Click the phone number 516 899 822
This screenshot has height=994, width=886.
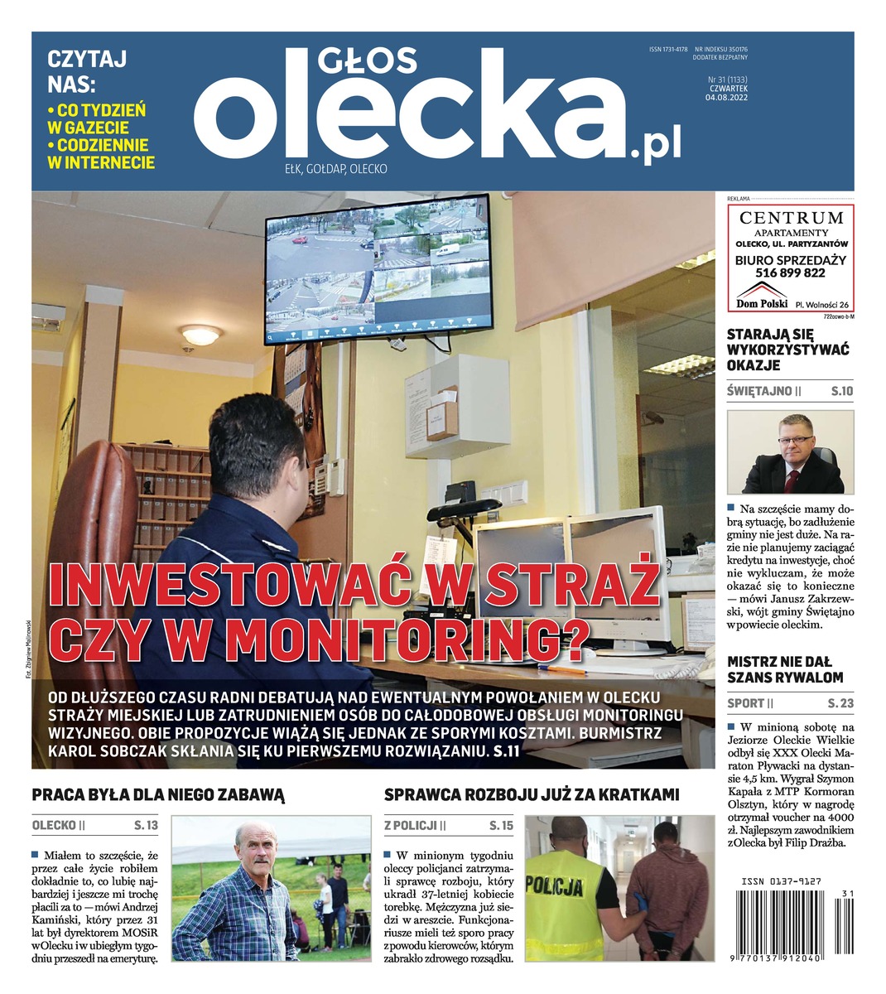(x=790, y=273)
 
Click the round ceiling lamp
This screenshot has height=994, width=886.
(x=200, y=335)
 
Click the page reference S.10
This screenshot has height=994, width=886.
(x=841, y=391)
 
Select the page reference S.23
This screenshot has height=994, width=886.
(x=840, y=703)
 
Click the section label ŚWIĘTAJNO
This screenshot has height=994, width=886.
(x=758, y=391)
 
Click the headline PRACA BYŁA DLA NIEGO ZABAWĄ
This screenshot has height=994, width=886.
(x=158, y=795)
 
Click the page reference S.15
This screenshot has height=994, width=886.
(x=501, y=826)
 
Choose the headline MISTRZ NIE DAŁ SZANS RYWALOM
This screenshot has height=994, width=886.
(x=784, y=669)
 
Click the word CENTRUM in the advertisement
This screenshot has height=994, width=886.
(x=792, y=218)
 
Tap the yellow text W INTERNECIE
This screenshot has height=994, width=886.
(x=101, y=162)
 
